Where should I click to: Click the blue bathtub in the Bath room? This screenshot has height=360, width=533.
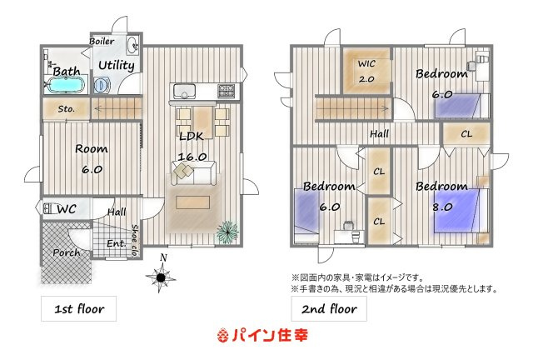tap(65, 86)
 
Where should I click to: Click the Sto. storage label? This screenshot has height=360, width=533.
tap(67, 108)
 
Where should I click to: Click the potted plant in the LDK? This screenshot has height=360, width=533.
tap(225, 230)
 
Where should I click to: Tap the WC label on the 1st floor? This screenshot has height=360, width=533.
tap(65, 208)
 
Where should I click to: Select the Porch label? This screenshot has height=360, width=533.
tap(66, 252)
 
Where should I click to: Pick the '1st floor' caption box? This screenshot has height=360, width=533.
tap(79, 309)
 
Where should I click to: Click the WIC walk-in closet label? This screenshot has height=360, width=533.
tap(367, 64)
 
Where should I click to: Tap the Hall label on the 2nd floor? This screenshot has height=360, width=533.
tap(381, 133)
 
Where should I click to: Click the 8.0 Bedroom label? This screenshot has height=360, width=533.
tap(441, 186)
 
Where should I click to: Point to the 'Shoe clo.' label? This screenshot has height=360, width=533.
tap(136, 236)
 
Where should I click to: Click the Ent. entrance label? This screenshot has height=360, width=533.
tap(117, 243)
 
